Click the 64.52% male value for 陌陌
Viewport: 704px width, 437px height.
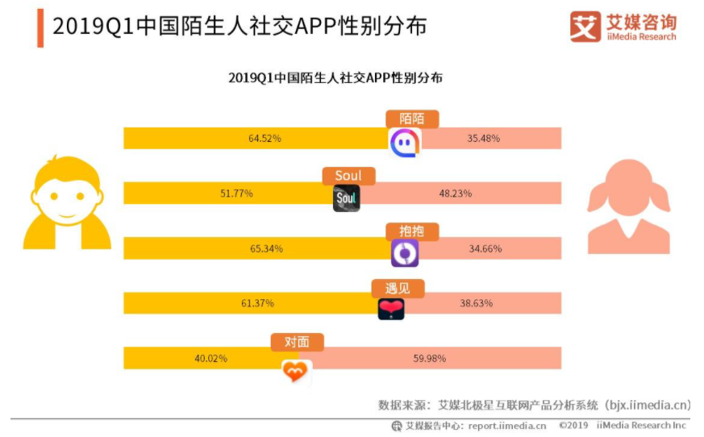[x=265, y=139]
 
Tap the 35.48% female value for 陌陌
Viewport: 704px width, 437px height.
[x=483, y=139]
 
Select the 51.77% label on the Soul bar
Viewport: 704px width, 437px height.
[x=237, y=194]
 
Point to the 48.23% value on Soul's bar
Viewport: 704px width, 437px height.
[x=456, y=194]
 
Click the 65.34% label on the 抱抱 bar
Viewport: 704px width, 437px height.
[x=266, y=248]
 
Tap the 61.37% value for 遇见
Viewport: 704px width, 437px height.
[x=257, y=303]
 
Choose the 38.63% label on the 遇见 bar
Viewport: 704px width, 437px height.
[x=476, y=303]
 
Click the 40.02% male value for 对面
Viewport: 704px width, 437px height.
[x=210, y=358]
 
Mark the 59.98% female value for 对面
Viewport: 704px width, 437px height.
[x=430, y=358]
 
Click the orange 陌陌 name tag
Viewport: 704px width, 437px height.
[x=413, y=119]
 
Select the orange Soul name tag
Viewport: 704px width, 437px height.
[x=348, y=176]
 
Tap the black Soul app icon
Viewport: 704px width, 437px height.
[x=347, y=198]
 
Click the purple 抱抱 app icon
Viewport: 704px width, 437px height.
[x=405, y=253]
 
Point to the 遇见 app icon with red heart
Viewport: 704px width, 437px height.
[x=391, y=308]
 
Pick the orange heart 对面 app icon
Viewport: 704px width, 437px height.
[x=296, y=371]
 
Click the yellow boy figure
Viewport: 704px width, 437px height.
[x=67, y=202]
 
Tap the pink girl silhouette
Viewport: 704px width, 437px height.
[x=628, y=208]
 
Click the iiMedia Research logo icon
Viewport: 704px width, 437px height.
[x=585, y=27]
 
